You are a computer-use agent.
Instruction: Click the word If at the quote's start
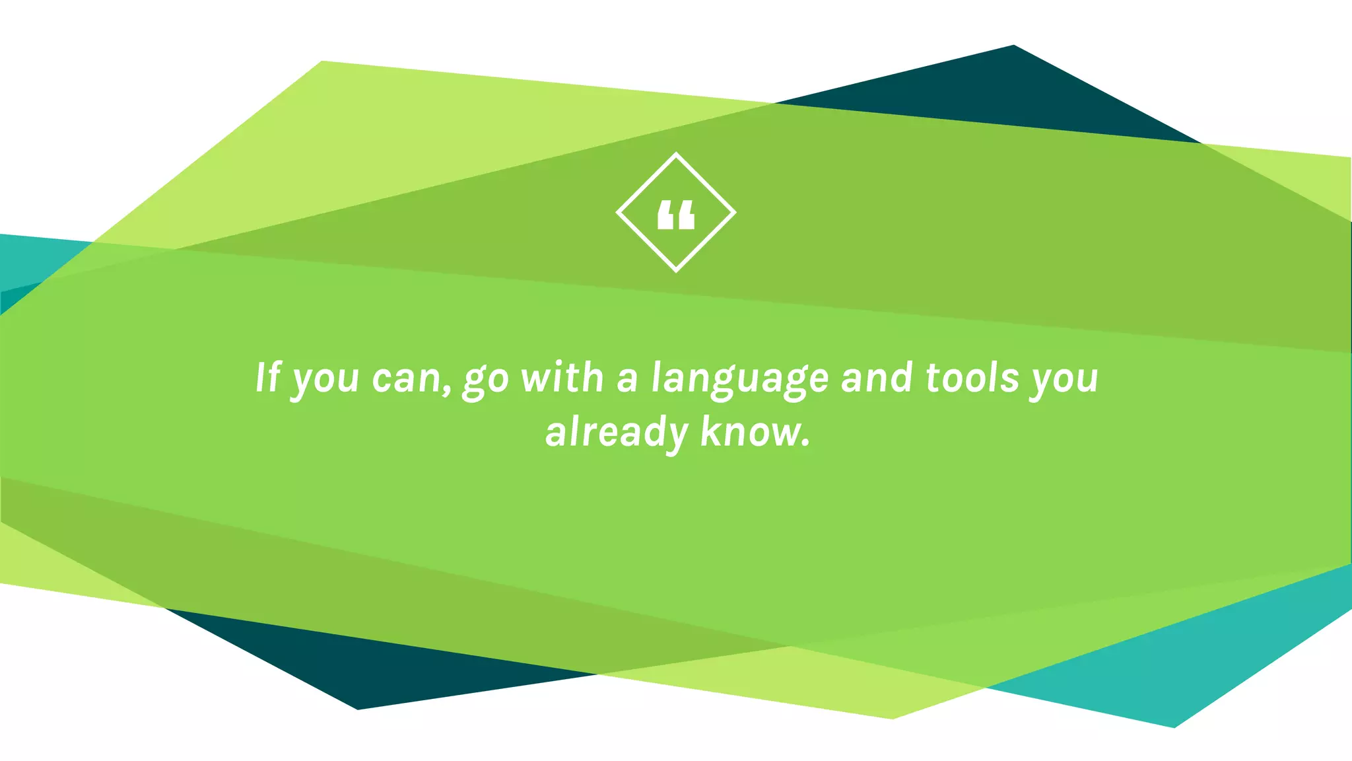point(268,378)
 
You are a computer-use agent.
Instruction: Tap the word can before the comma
point(406,379)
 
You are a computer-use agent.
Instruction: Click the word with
point(562,378)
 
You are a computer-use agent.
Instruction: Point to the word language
point(739,379)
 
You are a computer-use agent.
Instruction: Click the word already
point(617,433)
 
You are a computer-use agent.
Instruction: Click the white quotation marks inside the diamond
point(676,215)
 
